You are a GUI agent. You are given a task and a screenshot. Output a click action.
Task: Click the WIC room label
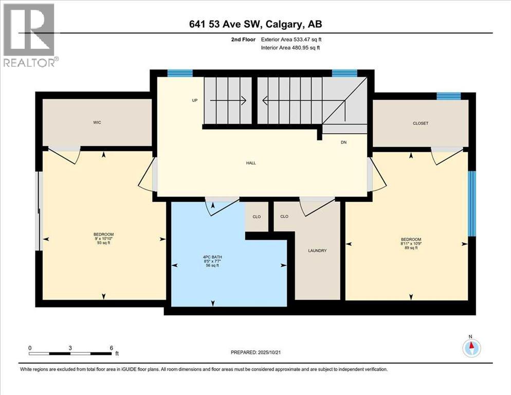pyautogui.click(x=97, y=123)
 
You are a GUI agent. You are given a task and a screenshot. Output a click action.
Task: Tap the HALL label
pyautogui.click(x=251, y=163)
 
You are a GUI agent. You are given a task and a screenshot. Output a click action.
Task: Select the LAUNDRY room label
pyautogui.click(x=317, y=251)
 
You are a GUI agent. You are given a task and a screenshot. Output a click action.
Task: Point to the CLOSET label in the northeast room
pyautogui.click(x=421, y=123)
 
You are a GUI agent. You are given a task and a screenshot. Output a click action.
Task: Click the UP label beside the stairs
pyautogui.click(x=195, y=100)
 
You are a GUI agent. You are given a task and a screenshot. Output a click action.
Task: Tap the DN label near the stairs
pyautogui.click(x=344, y=142)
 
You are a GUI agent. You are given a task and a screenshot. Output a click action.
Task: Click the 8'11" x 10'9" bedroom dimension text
pyautogui.click(x=411, y=244)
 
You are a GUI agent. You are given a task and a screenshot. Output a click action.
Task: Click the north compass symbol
pyautogui.click(x=470, y=348)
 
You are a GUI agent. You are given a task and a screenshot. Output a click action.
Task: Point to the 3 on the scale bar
pyautogui.click(x=70, y=348)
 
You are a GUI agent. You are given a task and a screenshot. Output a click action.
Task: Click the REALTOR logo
pyautogui.click(x=29, y=35)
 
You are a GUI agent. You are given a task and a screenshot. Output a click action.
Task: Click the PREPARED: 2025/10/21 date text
pyautogui.click(x=257, y=352)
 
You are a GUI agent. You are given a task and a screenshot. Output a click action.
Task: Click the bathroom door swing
pyautogui.click(x=218, y=205)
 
